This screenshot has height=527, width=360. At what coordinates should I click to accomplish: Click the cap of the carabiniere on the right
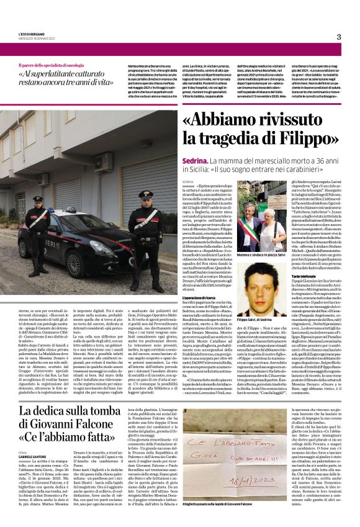(147, 195)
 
